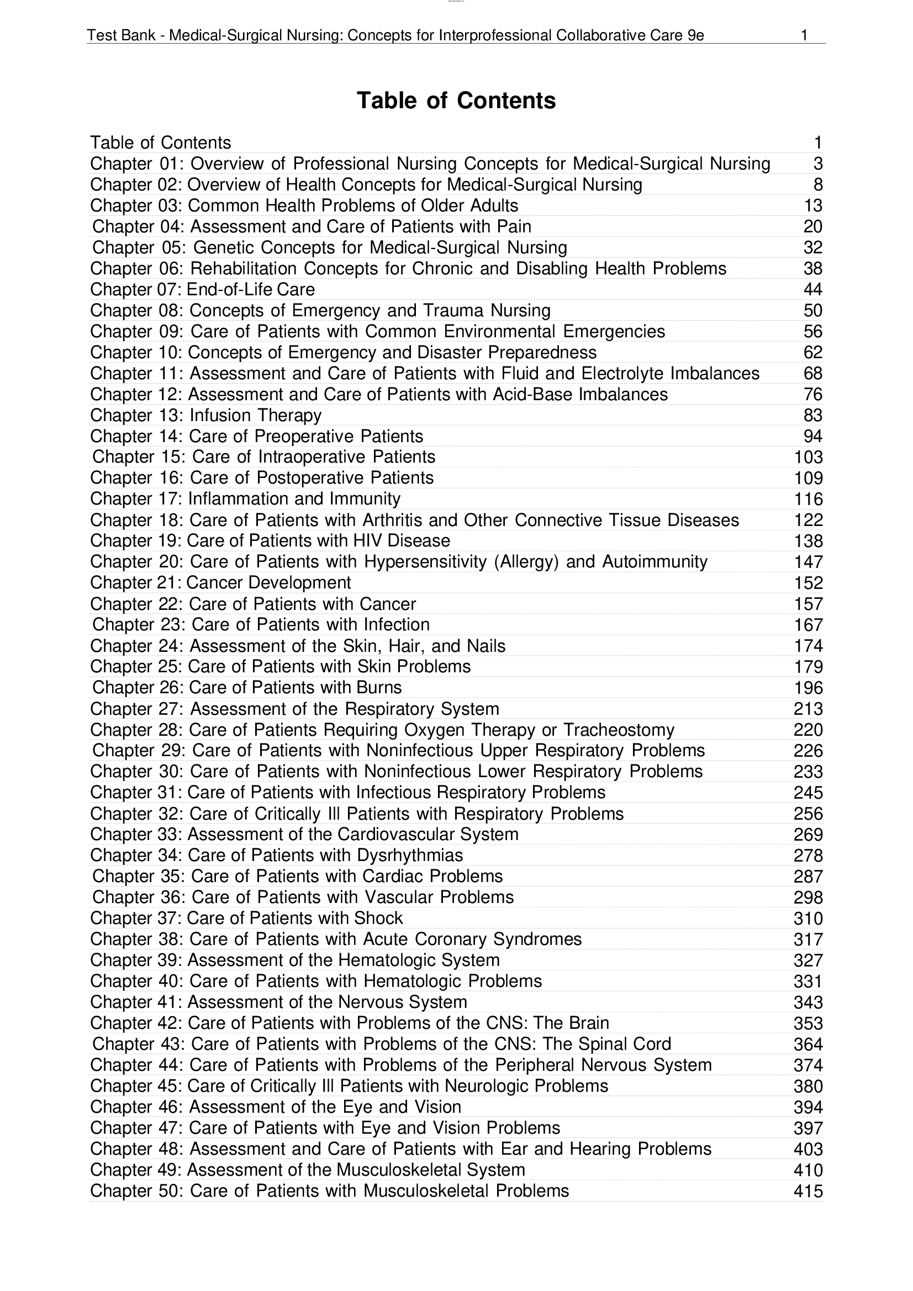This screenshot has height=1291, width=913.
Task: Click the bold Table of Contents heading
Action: coord(456,100)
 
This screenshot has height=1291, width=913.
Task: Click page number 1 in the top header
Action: coord(804,35)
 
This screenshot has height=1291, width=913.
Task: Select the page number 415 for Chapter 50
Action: coord(809,1191)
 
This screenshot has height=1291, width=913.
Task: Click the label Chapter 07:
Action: coord(136,290)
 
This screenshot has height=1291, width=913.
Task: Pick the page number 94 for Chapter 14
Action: coord(813,437)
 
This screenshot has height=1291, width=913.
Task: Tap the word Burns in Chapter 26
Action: coord(379,688)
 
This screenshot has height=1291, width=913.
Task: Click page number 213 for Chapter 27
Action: coord(809,709)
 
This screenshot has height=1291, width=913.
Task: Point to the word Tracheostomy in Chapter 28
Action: coord(619,730)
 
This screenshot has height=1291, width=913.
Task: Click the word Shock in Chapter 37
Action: coord(378,918)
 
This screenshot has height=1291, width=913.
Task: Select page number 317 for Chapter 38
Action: coord(809,939)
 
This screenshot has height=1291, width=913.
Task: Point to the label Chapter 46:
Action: coord(138,1107)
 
